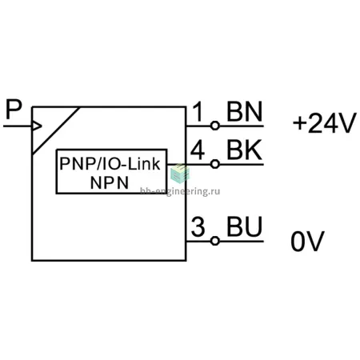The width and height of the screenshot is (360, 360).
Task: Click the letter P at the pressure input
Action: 14,110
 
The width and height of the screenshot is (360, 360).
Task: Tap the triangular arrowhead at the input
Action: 37,126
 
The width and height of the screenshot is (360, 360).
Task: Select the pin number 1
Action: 198,111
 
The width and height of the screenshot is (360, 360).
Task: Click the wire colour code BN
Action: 245,111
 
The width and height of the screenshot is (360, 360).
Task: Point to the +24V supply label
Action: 324,123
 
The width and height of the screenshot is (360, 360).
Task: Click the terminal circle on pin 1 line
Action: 215,126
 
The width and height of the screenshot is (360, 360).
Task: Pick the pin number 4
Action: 198,150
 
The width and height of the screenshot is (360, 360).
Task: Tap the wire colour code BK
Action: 244,150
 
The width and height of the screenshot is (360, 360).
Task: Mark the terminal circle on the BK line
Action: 215,164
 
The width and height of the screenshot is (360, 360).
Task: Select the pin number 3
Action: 198,227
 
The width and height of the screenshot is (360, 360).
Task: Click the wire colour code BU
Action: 245,227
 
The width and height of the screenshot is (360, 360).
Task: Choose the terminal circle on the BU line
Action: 215,241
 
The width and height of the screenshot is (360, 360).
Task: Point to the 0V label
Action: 307,241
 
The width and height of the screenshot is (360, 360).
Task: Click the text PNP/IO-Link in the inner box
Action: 110,164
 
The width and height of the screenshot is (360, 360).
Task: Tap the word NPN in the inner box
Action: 110,182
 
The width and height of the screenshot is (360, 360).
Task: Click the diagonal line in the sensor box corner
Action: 56,130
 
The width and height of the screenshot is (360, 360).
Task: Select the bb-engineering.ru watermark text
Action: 180,191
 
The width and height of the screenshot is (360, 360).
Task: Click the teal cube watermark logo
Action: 180,174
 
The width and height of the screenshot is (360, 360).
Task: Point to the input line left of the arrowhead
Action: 18,126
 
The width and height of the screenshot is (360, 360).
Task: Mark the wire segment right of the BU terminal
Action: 242,241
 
